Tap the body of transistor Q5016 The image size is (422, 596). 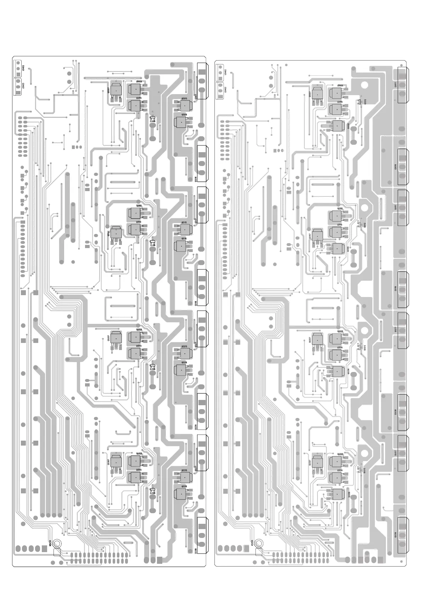click(x=181, y=122)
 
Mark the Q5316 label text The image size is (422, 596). click(x=184, y=487)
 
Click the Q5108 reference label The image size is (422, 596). click(x=348, y=250)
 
